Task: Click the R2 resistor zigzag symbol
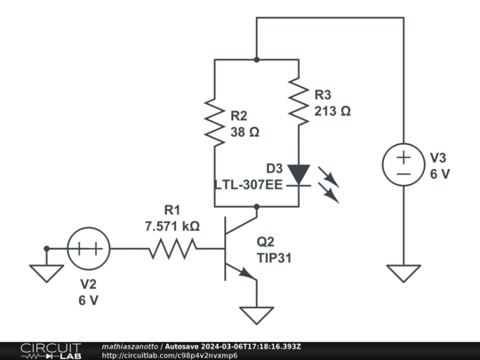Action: pyautogui.click(x=214, y=122)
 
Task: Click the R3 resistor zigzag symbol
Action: pyautogui.click(x=299, y=101)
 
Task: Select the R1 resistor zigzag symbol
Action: pyautogui.click(x=173, y=249)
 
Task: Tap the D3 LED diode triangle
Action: pyautogui.click(x=299, y=174)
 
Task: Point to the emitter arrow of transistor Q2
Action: pyautogui.click(x=247, y=273)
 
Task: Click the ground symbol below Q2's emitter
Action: pyautogui.click(x=257, y=316)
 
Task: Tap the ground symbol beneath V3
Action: pyautogui.click(x=404, y=274)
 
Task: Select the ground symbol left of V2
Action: pyautogui.click(x=46, y=274)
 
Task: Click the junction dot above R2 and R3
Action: pyautogui.click(x=257, y=60)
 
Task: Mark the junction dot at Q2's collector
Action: pyautogui.click(x=257, y=207)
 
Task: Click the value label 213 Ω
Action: pyautogui.click(x=332, y=111)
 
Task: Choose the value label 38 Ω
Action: pyautogui.click(x=245, y=132)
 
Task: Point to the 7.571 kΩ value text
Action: pyautogui.click(x=172, y=227)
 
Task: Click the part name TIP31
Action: pyautogui.click(x=274, y=258)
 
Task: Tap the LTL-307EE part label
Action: pyautogui.click(x=248, y=185)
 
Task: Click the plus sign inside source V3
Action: pyautogui.click(x=404, y=157)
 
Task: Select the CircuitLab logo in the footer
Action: pyautogui.click(x=52, y=351)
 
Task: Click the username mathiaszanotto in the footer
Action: pyautogui.click(x=130, y=347)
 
